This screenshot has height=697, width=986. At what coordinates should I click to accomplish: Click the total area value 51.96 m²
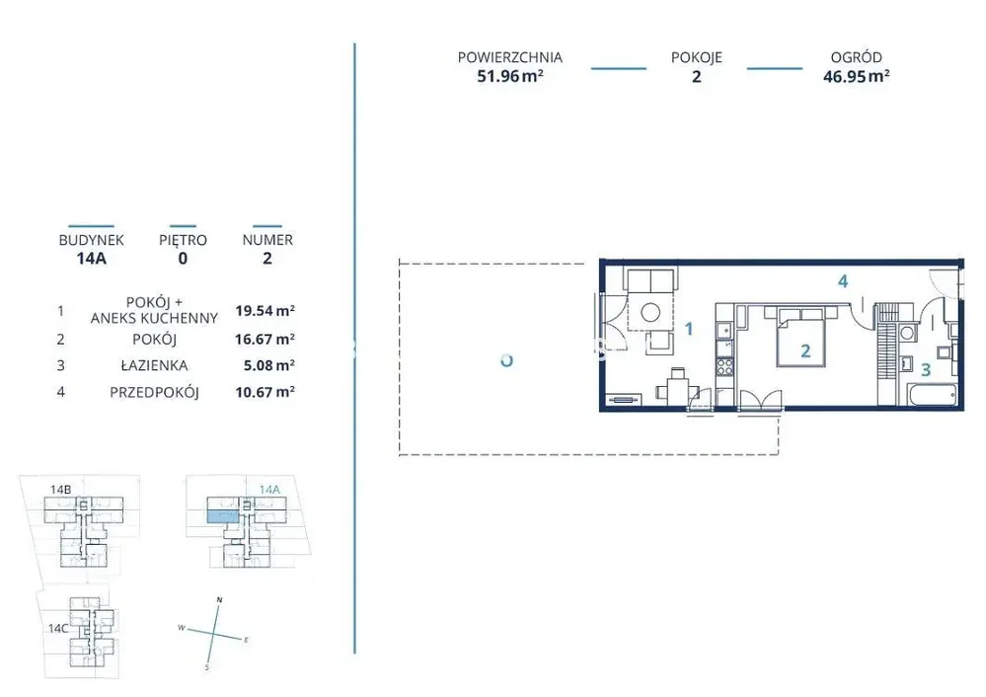point(510,76)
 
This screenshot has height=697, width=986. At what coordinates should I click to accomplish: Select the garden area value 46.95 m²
point(856,76)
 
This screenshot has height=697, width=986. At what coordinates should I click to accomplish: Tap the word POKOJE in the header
point(696,57)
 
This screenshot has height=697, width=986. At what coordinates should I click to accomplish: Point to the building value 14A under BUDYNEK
point(91,258)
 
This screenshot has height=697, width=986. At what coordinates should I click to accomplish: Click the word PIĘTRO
point(183,240)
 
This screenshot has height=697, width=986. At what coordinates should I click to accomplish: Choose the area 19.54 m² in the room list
point(265,310)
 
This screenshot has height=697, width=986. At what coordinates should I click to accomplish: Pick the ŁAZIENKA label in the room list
point(154,365)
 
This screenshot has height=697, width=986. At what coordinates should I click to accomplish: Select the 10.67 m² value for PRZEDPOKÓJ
point(265,392)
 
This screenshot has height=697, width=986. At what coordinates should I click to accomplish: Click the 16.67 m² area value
point(265,339)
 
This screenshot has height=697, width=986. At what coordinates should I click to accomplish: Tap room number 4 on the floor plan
point(843,281)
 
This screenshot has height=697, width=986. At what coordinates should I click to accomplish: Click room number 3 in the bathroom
point(925,369)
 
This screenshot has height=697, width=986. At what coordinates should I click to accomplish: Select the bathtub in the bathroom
point(933,395)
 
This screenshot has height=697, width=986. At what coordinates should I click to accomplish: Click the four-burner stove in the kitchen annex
point(724,366)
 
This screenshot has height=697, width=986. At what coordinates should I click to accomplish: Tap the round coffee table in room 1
point(650,312)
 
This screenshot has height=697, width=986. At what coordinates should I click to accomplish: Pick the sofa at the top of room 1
point(650,280)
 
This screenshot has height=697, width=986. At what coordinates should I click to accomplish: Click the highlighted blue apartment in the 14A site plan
point(223,516)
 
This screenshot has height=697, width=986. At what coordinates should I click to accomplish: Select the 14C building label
point(58,628)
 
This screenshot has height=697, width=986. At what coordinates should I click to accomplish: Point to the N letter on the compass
point(219,599)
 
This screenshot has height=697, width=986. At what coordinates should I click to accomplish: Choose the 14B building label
point(60,489)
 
